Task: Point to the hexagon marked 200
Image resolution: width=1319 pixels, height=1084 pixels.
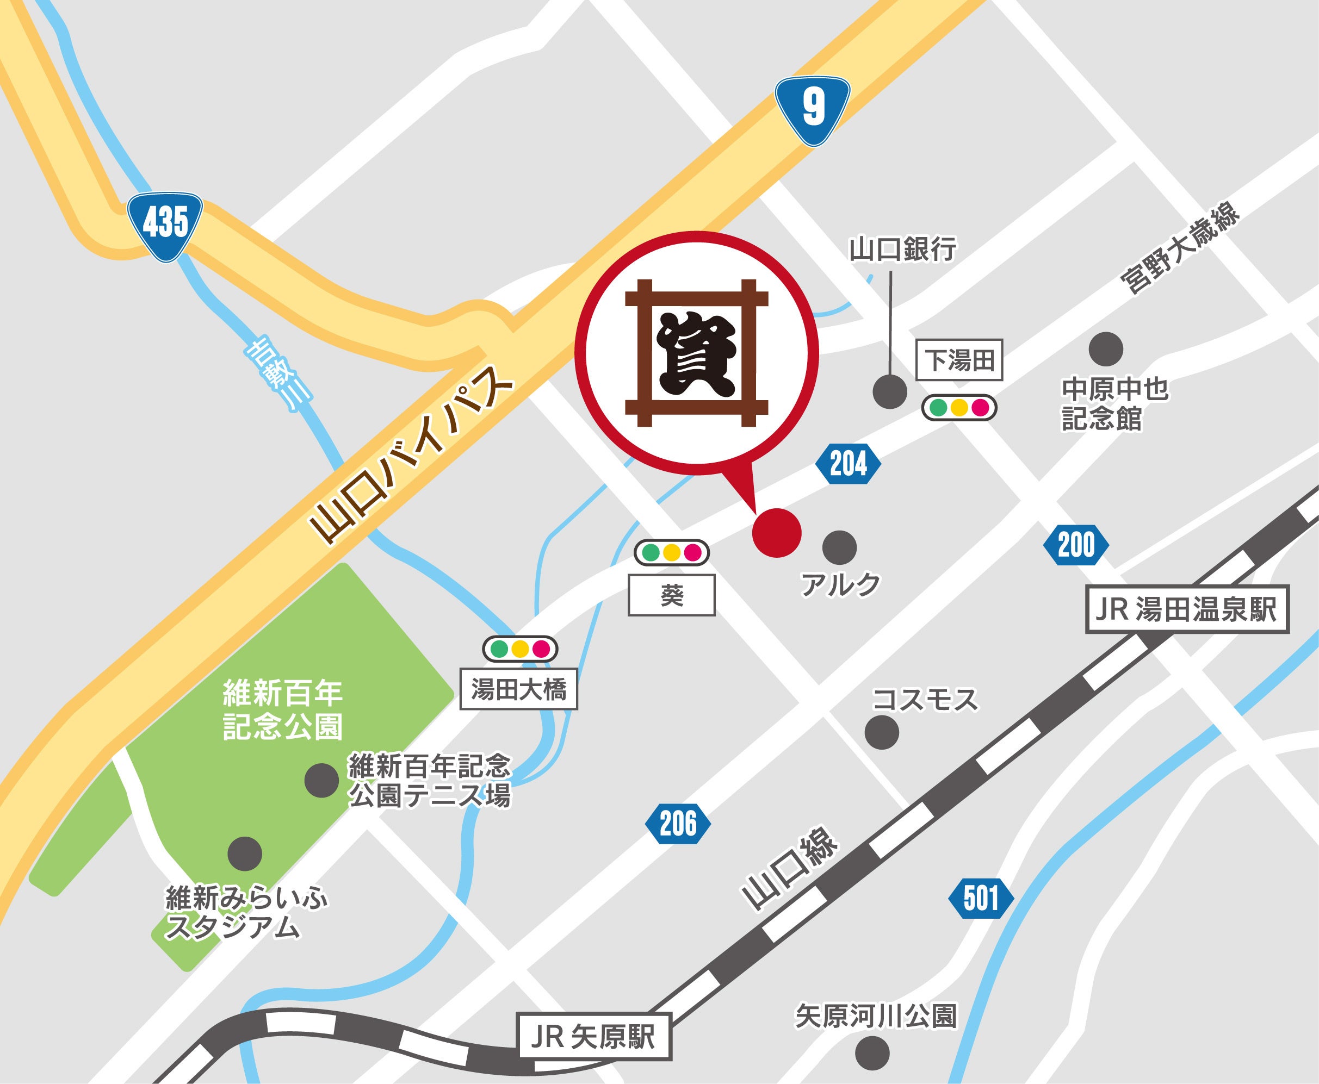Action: click(x=1076, y=546)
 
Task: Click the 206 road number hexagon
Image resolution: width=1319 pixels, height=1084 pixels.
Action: click(x=678, y=825)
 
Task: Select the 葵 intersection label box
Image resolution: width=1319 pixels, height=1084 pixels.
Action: click(x=672, y=596)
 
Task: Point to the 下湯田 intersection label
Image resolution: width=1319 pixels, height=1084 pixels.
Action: click(x=959, y=360)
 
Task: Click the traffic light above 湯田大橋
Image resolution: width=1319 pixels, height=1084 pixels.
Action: click(x=519, y=649)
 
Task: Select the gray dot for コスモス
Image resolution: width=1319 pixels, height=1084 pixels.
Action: click(x=882, y=731)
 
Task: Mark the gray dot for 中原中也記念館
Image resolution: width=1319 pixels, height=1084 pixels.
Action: click(x=1105, y=348)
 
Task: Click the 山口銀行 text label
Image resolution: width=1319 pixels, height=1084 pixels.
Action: click(x=902, y=250)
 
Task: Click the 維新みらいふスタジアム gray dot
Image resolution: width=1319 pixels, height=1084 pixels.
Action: click(x=244, y=853)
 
